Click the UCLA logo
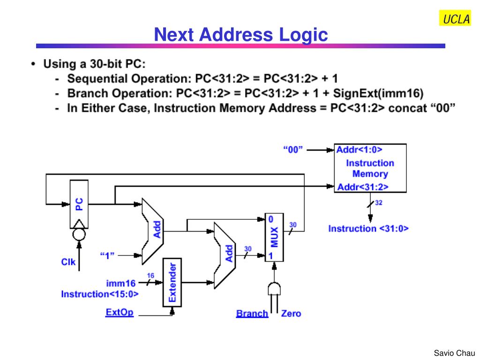click(x=455, y=19)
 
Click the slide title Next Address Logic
click(x=241, y=34)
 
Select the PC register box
click(x=79, y=204)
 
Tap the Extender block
click(x=172, y=282)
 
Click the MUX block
click(x=274, y=237)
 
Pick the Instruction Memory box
click(x=370, y=168)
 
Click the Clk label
click(x=68, y=262)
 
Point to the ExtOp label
click(x=120, y=312)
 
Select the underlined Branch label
click(x=252, y=313)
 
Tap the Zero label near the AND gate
click(x=291, y=313)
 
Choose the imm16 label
click(x=120, y=283)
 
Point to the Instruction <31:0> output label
click(x=368, y=229)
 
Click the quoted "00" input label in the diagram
click(x=293, y=150)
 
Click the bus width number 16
click(x=150, y=276)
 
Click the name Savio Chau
click(x=454, y=352)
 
